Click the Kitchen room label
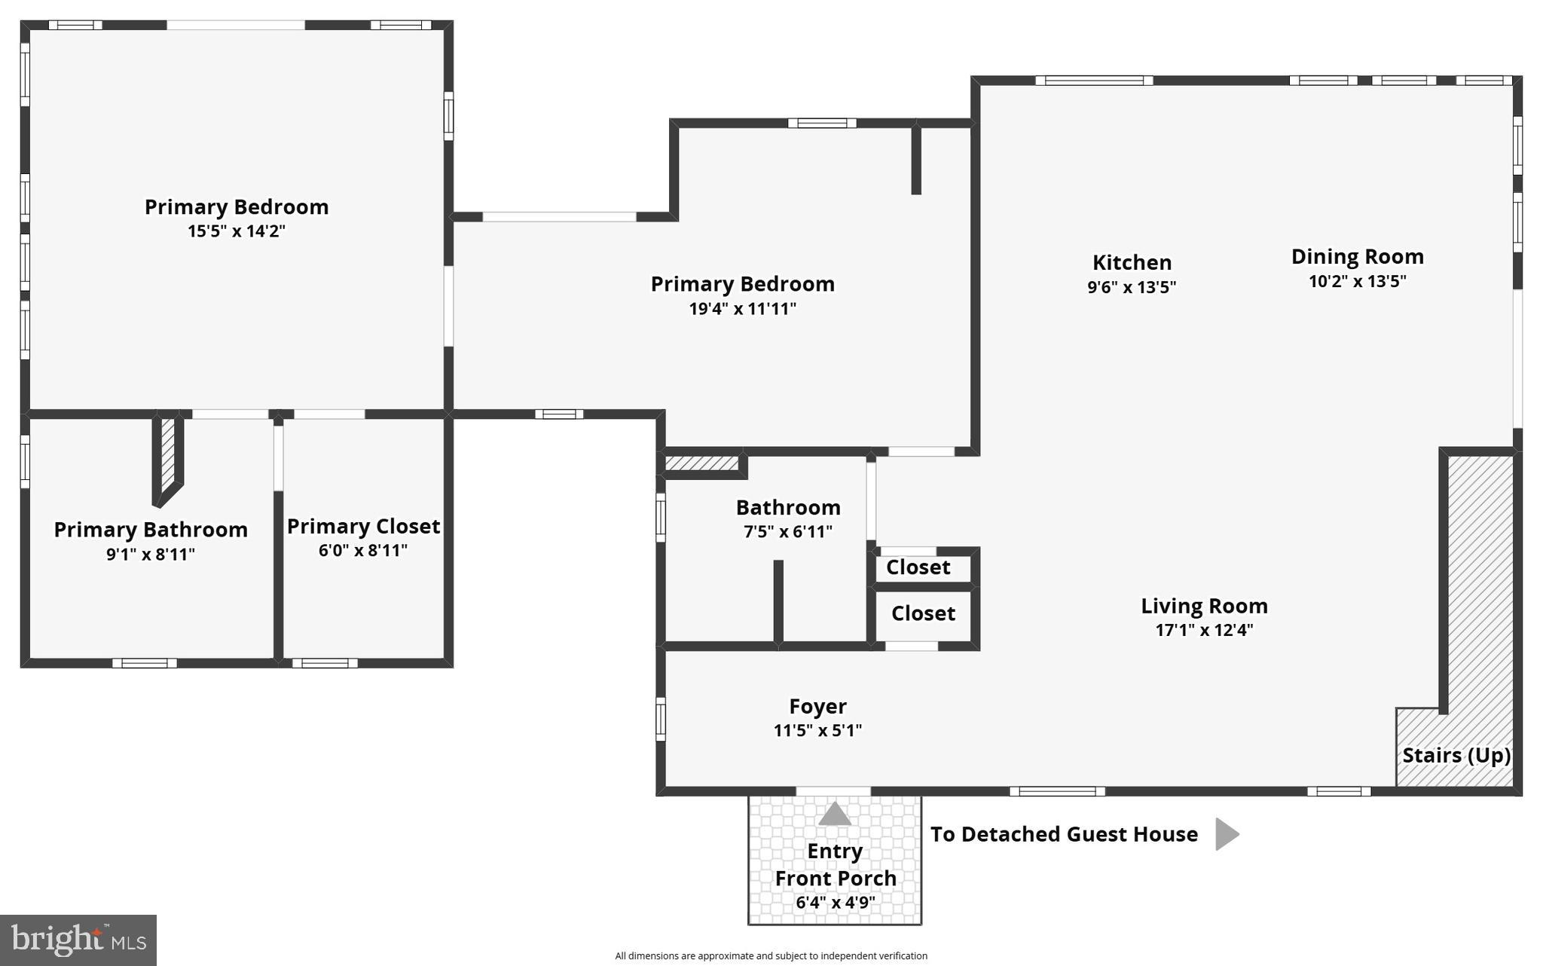pos(1132,263)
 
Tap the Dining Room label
pos(1357,257)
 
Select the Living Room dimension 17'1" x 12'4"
pos(1204,630)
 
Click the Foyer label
pos(817,706)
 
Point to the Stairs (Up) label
pos(1456,755)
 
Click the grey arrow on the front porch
pos(834,814)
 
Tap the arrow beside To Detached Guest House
pos(1227,834)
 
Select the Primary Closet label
pos(363,526)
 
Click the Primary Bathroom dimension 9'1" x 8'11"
pos(151,555)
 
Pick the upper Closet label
pos(918,567)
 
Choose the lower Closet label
pos(923,613)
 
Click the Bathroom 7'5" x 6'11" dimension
pos(787,532)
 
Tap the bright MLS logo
pos(78,940)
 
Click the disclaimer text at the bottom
pos(771,955)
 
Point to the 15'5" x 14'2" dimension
pos(237,231)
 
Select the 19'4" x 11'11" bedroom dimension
pos(742,309)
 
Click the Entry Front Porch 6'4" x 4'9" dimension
pos(835,902)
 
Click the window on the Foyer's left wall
pos(661,718)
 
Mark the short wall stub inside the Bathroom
pos(778,601)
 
